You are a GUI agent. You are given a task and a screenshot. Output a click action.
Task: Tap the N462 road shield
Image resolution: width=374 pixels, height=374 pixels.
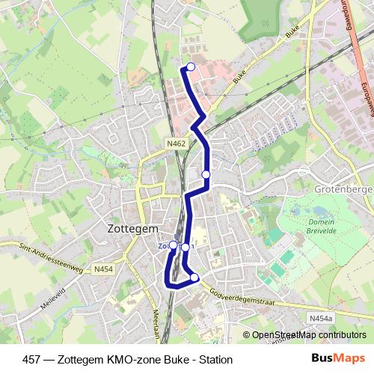(177, 143)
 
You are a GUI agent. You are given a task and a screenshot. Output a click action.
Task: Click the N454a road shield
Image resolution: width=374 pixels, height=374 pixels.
(319, 319)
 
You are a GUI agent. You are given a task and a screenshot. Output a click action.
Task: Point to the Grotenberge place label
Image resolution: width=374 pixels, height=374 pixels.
(343, 189)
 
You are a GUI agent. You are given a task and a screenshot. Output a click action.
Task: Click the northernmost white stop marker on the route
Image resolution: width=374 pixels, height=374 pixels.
(191, 67)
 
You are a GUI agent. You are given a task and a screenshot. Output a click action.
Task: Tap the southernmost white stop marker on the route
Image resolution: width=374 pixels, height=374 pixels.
(194, 278)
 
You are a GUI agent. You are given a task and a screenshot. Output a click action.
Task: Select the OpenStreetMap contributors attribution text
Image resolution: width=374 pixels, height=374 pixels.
(309, 335)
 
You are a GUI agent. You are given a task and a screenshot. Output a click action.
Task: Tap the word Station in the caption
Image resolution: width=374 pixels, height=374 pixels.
(215, 359)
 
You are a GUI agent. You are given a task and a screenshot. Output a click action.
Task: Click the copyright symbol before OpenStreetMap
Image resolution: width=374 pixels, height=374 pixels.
(247, 335)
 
